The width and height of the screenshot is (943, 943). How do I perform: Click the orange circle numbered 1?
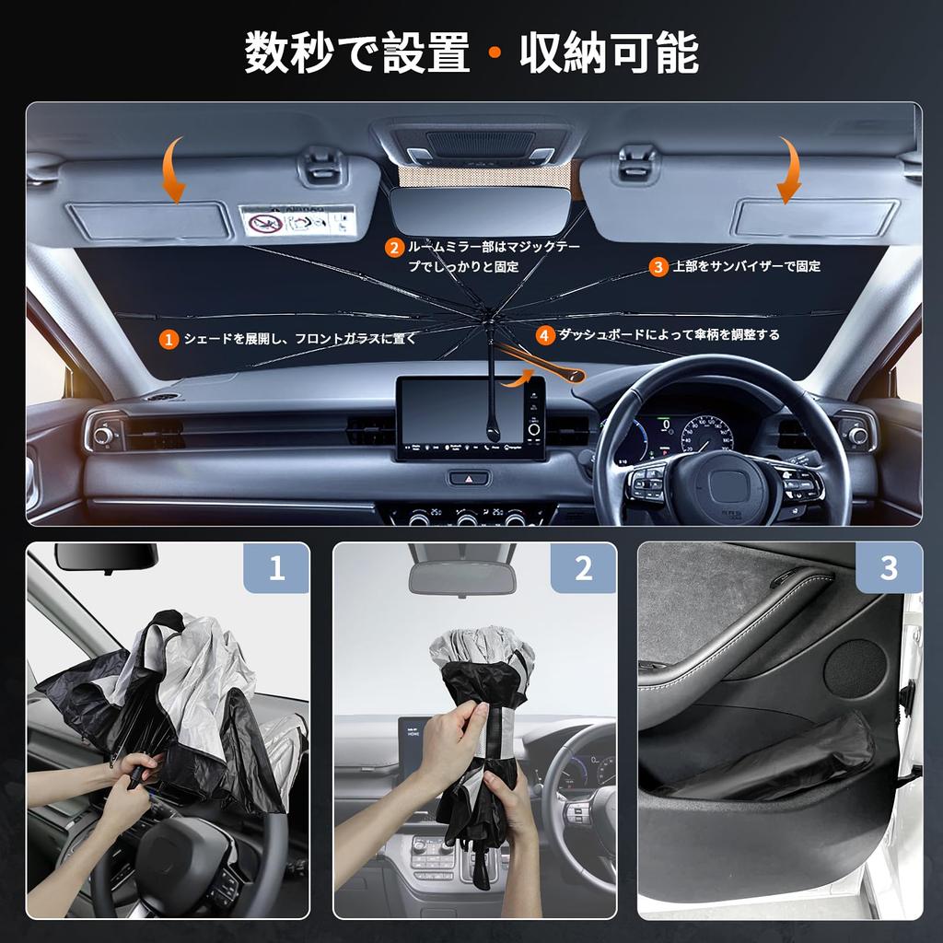click(x=169, y=339)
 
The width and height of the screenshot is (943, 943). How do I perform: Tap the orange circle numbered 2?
click(x=394, y=247)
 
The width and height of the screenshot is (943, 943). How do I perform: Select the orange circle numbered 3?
click(x=658, y=267)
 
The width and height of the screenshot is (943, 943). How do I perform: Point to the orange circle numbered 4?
click(x=546, y=335)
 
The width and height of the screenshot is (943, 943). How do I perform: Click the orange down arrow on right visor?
click(x=788, y=170)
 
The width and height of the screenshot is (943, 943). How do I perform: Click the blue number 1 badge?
click(x=276, y=568)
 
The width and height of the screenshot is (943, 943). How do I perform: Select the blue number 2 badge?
click(x=583, y=568)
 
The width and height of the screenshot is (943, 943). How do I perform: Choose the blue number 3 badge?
click(x=889, y=568)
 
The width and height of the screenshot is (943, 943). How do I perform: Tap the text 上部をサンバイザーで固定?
click(x=747, y=267)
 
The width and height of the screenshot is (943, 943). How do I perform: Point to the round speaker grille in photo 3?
click(x=855, y=668)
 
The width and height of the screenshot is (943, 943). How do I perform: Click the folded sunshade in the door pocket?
click(x=783, y=760)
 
